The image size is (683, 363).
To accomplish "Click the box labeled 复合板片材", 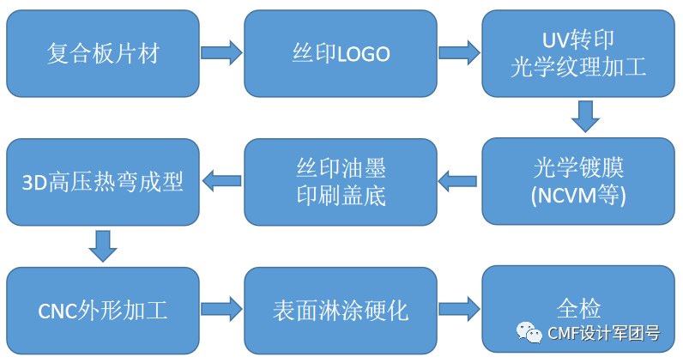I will click(x=102, y=53).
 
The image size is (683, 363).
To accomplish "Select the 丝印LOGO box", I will click(x=341, y=53).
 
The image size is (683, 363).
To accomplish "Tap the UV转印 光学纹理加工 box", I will click(x=578, y=53).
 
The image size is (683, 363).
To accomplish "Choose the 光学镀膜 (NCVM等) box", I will click(x=578, y=181).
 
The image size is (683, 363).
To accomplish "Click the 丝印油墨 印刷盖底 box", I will click(x=341, y=181).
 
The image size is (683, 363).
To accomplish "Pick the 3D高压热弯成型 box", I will click(x=102, y=181).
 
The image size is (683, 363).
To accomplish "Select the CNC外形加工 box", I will click(x=102, y=309).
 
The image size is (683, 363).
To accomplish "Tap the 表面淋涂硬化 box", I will click(x=341, y=309).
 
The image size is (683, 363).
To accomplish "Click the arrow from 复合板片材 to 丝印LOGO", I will click(x=221, y=53).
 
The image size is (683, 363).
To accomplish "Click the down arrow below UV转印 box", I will click(x=585, y=117).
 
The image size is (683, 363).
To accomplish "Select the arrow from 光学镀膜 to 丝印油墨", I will click(x=458, y=181).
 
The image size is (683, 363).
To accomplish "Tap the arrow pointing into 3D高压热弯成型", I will click(x=221, y=181).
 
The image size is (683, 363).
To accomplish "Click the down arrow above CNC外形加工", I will click(x=103, y=245).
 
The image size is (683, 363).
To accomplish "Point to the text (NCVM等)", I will click(x=578, y=196).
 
